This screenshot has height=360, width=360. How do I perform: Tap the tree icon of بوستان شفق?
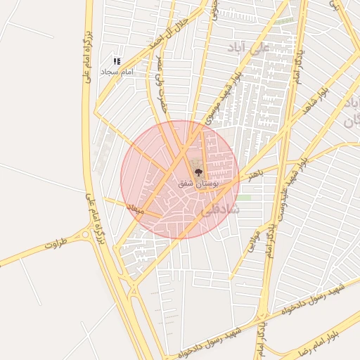(197, 171)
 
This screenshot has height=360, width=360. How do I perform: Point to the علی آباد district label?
(250, 49)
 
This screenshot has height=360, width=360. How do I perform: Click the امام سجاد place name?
(115, 72)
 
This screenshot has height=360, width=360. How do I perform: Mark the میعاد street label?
(135, 209)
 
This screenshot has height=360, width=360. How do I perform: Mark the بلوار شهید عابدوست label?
(286, 191)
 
